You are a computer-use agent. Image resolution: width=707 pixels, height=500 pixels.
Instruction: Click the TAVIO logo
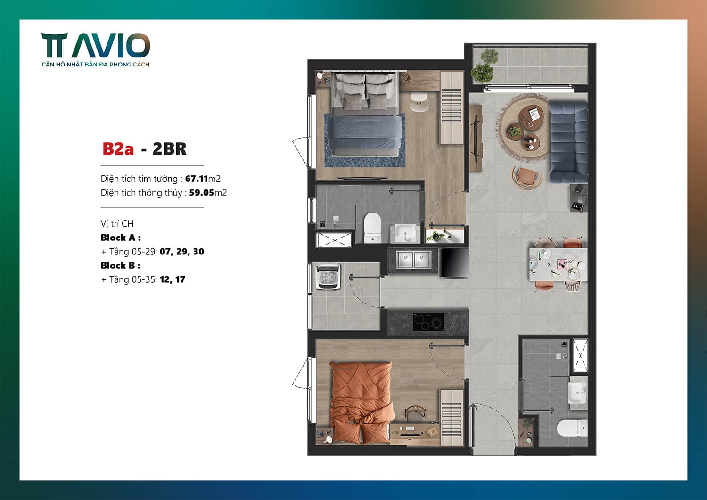point(96,46)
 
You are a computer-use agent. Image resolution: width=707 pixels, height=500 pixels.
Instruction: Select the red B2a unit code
point(118,149)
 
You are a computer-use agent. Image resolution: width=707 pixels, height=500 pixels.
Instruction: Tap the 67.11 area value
point(197,179)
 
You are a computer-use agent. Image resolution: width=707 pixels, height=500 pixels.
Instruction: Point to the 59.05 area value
point(201,193)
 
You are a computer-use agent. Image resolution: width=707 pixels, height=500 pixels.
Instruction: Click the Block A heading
point(121,238)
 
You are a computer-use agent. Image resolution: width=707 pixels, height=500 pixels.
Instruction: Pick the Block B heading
point(120,265)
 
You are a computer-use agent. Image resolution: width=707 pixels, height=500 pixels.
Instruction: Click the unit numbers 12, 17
point(172,279)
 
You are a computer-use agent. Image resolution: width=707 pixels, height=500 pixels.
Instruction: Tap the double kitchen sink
point(413,260)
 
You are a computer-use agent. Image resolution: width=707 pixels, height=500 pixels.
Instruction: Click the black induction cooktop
point(428,322)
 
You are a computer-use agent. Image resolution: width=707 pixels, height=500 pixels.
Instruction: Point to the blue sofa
point(568,141)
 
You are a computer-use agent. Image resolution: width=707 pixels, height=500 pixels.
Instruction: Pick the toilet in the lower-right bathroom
point(572,429)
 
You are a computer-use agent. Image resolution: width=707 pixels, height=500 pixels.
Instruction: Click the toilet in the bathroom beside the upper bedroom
point(372,227)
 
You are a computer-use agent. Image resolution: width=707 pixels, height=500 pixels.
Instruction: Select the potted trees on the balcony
point(484,66)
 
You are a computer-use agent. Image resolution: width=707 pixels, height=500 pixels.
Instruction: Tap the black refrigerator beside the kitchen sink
point(454,263)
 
